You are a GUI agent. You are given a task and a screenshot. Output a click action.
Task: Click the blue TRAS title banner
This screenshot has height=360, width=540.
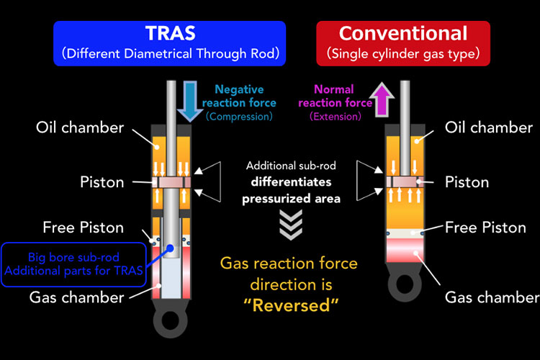pyautogui.click(x=169, y=43)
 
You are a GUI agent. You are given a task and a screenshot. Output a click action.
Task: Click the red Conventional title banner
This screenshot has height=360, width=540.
pyautogui.click(x=403, y=43)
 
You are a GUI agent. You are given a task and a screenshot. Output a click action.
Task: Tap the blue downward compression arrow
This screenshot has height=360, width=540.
pyautogui.click(x=190, y=102)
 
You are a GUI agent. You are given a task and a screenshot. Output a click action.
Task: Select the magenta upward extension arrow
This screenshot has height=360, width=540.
pyautogui.click(x=382, y=99)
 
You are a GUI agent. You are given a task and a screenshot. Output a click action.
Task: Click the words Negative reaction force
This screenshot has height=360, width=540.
pyautogui.click(x=239, y=96)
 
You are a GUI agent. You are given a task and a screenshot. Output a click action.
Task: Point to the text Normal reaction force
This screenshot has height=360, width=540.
pyautogui.click(x=335, y=96)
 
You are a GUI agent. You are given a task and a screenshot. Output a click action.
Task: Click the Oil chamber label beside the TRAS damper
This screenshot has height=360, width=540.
pyautogui.click(x=80, y=128)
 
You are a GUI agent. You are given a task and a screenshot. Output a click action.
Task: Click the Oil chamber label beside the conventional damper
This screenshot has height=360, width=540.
pyautogui.click(x=489, y=127)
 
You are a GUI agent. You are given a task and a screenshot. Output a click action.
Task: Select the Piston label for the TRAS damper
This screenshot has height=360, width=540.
pyautogui.click(x=102, y=182)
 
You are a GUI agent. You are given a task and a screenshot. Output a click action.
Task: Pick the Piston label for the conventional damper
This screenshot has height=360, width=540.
pyautogui.click(x=467, y=182)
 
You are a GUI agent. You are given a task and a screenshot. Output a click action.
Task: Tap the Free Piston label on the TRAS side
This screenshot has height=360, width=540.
pyautogui.click(x=84, y=228)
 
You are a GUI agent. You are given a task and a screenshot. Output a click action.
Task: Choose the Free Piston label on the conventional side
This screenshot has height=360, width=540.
pyautogui.click(x=485, y=228)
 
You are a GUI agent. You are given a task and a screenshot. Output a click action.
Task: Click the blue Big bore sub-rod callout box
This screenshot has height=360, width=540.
pyautogui.click(x=73, y=264)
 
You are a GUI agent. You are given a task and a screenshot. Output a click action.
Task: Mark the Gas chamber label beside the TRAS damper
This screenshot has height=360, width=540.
pyautogui.click(x=77, y=297)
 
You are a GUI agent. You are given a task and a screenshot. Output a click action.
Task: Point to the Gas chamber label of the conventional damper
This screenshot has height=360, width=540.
pyautogui.click(x=492, y=297)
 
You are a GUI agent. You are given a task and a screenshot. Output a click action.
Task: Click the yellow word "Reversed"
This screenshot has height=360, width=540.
pyautogui.click(x=291, y=305)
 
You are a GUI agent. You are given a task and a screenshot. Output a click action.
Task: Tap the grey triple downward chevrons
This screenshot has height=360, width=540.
pyautogui.click(x=291, y=225)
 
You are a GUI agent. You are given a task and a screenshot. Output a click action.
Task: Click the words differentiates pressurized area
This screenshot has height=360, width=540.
pyautogui.click(x=291, y=190)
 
